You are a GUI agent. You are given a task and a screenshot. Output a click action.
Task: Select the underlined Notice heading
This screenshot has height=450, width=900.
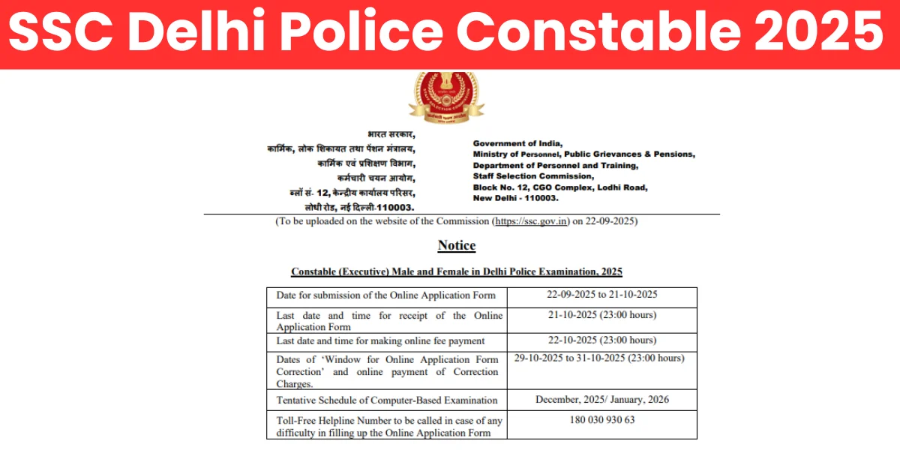coord(456,245)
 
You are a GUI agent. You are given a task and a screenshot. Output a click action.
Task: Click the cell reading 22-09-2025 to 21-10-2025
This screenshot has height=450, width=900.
coord(601,295)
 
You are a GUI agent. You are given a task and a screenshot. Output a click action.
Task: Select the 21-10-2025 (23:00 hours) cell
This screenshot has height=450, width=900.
coord(601,314)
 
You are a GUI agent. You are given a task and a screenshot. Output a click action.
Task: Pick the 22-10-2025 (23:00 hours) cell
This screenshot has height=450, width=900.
coord(601,340)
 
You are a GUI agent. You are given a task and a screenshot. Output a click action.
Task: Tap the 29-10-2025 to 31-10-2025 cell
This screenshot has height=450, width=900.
coord(599,358)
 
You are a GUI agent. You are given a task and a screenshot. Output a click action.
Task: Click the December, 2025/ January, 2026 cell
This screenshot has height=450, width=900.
coord(601,400)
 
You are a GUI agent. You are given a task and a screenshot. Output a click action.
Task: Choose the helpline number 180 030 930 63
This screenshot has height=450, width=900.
coord(601,420)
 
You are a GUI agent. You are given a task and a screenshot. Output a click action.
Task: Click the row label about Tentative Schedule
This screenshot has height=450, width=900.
coord(386,400)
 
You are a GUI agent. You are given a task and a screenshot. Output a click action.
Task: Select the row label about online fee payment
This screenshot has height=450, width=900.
coord(380,340)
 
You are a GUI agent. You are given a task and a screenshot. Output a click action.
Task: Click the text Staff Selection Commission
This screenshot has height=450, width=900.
coord(532,175)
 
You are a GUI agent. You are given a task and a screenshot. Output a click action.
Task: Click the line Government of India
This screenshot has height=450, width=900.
coord(517,143)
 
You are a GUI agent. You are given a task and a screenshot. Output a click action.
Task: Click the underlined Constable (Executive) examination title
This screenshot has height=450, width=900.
coord(456,271)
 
